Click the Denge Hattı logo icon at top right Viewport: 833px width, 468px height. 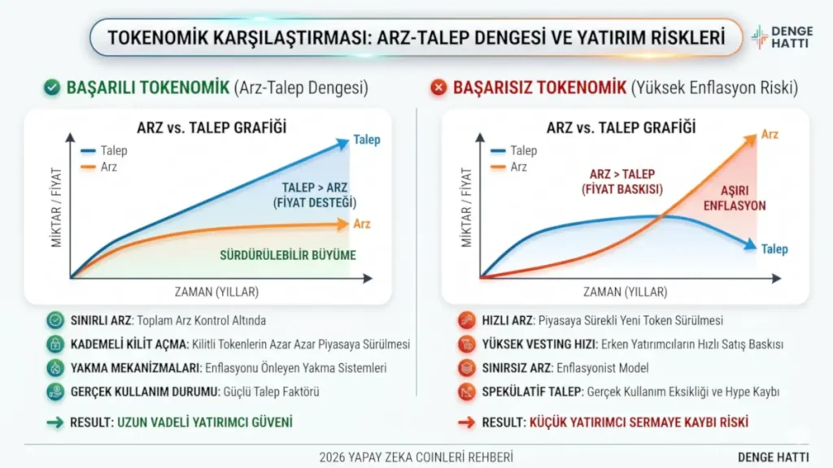point(759,37)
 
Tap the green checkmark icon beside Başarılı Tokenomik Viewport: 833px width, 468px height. point(53,87)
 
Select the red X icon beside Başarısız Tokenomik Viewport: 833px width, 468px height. point(439,87)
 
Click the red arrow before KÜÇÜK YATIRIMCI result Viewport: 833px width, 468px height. point(466,422)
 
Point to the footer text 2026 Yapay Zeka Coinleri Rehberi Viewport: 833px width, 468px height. point(416,457)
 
